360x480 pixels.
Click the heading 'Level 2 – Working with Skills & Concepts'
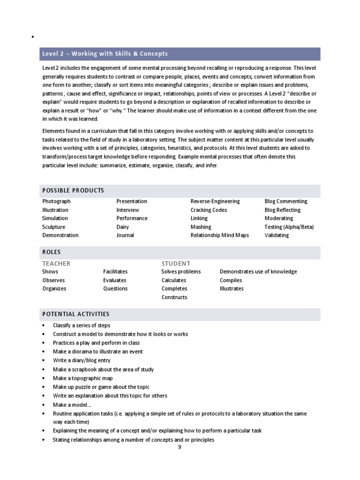105,54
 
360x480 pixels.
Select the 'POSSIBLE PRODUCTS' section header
73,190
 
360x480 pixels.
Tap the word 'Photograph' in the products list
56,201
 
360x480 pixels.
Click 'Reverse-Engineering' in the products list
215,201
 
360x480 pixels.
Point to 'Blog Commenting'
286,201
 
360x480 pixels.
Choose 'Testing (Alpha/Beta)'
289,227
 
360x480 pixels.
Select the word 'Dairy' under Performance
123,227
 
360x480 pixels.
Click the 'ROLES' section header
52,252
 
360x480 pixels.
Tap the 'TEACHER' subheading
56,263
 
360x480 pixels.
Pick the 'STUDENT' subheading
176,263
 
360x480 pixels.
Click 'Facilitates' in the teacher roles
115,271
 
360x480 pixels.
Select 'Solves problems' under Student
181,271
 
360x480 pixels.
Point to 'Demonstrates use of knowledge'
258,271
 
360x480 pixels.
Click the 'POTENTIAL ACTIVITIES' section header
76,314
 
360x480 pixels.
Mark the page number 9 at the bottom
180,447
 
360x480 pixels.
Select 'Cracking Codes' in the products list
209,210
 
